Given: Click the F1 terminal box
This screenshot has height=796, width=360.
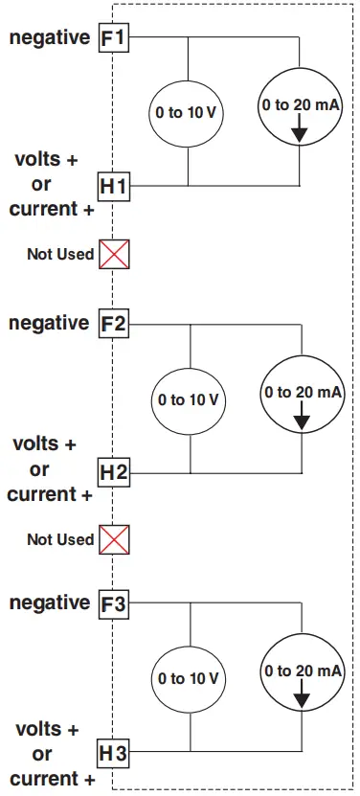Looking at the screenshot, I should pos(114,39).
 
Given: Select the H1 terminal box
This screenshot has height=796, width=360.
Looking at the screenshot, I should pos(114,184).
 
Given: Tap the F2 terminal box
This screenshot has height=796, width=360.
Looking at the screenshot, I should pos(114,324).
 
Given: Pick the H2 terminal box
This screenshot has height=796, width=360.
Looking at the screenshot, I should pos(114,471).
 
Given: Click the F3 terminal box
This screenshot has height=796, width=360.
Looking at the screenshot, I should pos(114,604).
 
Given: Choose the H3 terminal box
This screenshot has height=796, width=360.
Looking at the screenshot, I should pos(114,754).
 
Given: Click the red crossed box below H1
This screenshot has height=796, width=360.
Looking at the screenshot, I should pos(114,254).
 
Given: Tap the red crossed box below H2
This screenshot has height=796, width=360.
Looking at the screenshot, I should pos(114,539).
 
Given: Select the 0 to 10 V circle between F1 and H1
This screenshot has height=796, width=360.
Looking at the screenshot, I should pos(188,112).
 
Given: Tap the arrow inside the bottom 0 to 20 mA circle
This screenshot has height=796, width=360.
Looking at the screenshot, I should pos(303,696).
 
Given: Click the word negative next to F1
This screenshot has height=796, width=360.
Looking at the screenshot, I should pos(49,39).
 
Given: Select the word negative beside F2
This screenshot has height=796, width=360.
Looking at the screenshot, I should pos(49,323).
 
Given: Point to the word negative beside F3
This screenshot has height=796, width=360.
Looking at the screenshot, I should pos(49,603).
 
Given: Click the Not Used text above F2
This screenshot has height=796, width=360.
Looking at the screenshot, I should pos(60,254).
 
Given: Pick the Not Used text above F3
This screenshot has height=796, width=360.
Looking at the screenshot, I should pos(60,539).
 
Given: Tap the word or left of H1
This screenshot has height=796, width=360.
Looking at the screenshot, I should pos(42,184).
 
